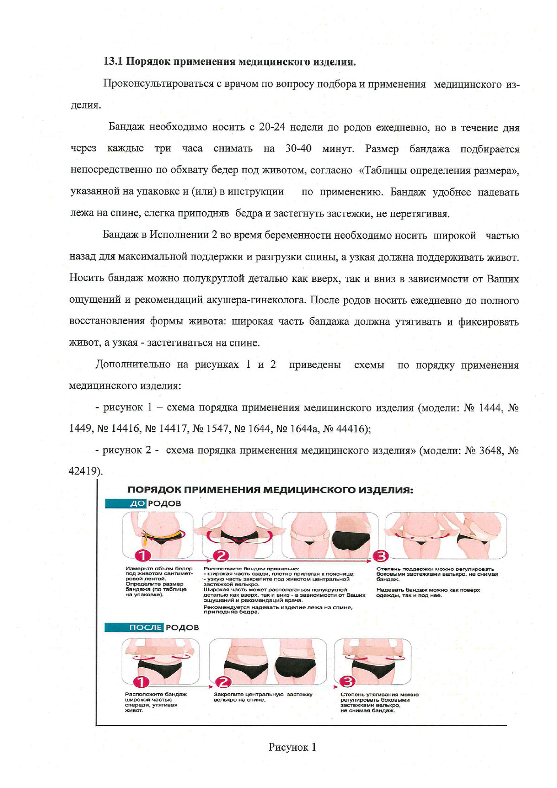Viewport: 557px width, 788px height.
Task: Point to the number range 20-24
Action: click(x=272, y=127)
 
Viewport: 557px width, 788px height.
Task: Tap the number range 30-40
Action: click(x=298, y=149)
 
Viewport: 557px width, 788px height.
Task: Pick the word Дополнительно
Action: click(x=133, y=365)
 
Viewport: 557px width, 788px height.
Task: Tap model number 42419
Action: click(x=83, y=471)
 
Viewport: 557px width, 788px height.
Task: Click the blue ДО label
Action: click(x=137, y=503)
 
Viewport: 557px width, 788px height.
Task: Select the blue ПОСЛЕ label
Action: click(x=145, y=627)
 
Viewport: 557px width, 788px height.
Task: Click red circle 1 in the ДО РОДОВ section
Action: click(x=143, y=555)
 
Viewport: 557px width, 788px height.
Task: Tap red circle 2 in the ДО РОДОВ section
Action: click(x=221, y=555)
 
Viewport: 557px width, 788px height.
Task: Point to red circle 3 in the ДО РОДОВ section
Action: click(x=381, y=555)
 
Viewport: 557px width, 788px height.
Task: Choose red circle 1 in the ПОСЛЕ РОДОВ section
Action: click(x=142, y=682)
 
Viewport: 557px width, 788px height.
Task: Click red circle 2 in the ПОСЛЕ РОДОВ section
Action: click(x=224, y=682)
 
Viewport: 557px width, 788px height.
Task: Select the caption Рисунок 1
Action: click(x=292, y=747)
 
